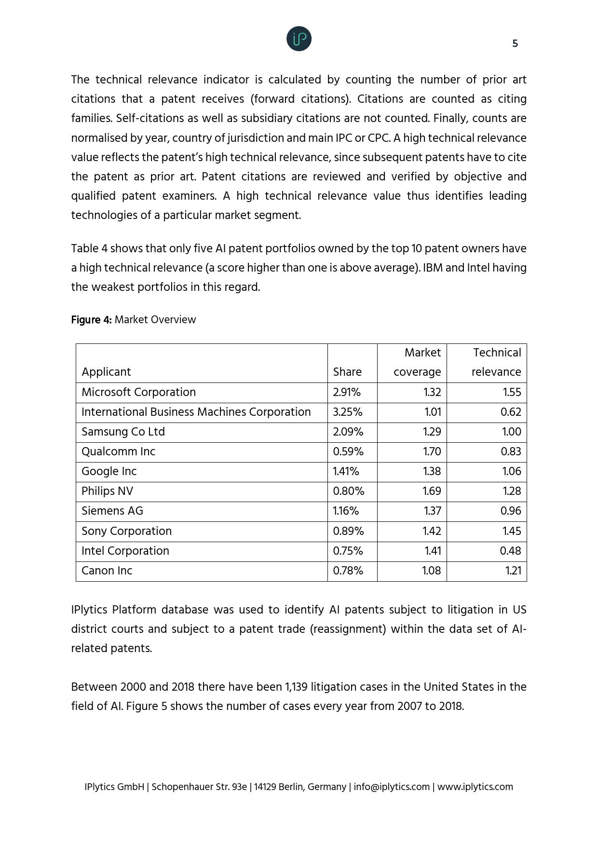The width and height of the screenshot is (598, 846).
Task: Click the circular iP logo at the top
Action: [x=299, y=39]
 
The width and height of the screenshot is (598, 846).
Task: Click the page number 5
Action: [x=515, y=44]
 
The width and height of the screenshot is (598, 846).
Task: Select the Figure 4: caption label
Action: [x=91, y=320]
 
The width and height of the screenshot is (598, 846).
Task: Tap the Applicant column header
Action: [x=106, y=372]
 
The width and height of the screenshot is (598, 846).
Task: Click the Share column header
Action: [x=347, y=372]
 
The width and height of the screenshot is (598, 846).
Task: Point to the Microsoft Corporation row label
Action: [x=138, y=392]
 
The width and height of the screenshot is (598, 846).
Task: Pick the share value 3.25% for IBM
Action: [x=347, y=412]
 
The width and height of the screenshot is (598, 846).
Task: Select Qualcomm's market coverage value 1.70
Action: [x=432, y=451]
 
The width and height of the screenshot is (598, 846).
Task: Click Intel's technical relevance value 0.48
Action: [x=511, y=551]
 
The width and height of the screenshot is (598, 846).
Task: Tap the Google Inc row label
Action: [x=109, y=471]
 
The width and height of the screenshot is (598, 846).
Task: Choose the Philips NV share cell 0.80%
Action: [x=348, y=491]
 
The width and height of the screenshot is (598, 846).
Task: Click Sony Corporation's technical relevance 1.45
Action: [x=512, y=531]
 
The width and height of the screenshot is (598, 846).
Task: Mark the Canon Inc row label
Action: [x=107, y=571]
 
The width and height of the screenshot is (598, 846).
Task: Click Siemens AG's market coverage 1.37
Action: [x=432, y=511]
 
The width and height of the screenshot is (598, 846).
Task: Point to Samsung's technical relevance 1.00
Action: [x=511, y=432]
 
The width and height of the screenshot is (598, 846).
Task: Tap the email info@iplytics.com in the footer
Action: [x=391, y=787]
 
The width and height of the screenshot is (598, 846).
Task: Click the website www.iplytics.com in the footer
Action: [x=475, y=787]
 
